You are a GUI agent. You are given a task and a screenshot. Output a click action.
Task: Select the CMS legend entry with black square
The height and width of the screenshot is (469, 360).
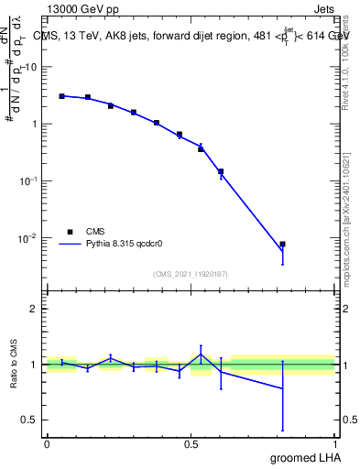coord(82,232)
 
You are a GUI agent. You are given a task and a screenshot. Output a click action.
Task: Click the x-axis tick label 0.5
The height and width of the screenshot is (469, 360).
coord(191,444)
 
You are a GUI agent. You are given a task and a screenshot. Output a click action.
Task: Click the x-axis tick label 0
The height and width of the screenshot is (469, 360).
coord(47,444)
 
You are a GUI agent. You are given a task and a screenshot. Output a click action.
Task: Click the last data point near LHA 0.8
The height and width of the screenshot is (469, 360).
coord(282,245)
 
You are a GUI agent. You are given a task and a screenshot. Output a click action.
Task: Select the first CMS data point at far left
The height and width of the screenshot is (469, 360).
coord(61,95)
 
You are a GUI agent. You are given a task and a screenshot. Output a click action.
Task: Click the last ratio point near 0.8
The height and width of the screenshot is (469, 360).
coord(282,388)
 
